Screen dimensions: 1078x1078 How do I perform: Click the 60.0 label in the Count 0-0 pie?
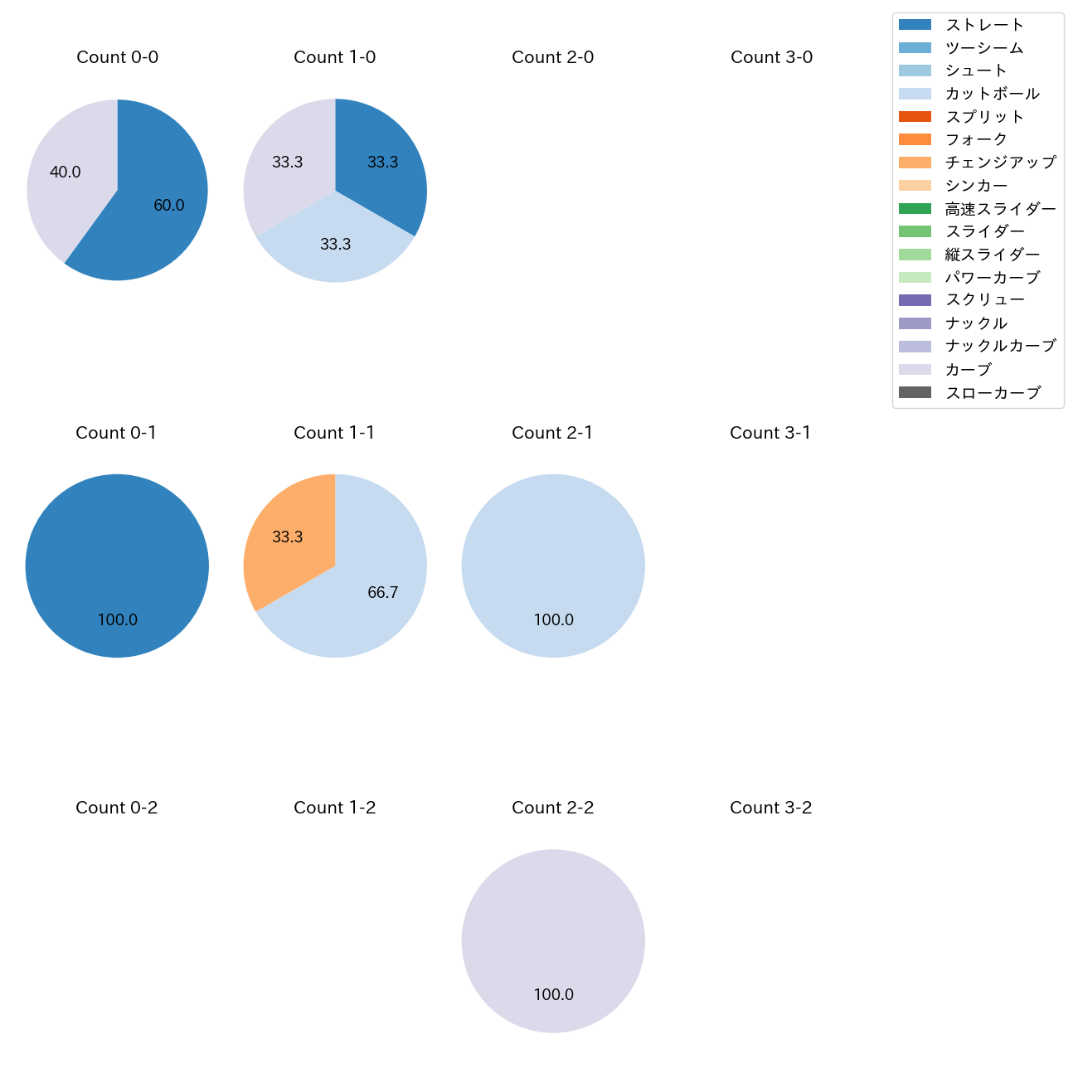[x=169, y=206]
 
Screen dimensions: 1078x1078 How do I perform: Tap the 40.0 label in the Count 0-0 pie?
[x=66, y=172]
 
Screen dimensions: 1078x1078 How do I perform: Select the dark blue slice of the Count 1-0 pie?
[x=377, y=166]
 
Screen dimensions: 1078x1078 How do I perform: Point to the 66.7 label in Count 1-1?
[x=383, y=593]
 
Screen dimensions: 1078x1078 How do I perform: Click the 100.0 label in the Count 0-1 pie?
[x=118, y=620]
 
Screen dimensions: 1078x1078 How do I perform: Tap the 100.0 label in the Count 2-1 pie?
[x=554, y=620]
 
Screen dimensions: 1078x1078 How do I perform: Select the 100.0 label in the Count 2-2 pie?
[x=554, y=995]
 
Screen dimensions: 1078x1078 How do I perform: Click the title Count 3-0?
[x=771, y=57]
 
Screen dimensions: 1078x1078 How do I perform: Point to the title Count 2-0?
[x=553, y=57]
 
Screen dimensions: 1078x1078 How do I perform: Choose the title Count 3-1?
[x=770, y=433]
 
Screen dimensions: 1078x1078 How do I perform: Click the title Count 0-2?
[x=117, y=808]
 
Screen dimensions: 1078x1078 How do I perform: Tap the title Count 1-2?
[x=335, y=808]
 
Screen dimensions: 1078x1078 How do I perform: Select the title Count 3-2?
[x=771, y=808]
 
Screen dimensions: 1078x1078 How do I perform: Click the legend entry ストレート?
[x=984, y=25]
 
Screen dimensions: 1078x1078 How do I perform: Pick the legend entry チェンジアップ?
[x=1000, y=163]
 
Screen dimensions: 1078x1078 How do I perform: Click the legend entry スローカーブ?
[x=993, y=393]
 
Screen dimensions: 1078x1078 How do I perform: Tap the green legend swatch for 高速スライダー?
[x=915, y=209]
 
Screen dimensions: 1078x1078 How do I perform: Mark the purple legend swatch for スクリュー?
[x=915, y=300]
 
